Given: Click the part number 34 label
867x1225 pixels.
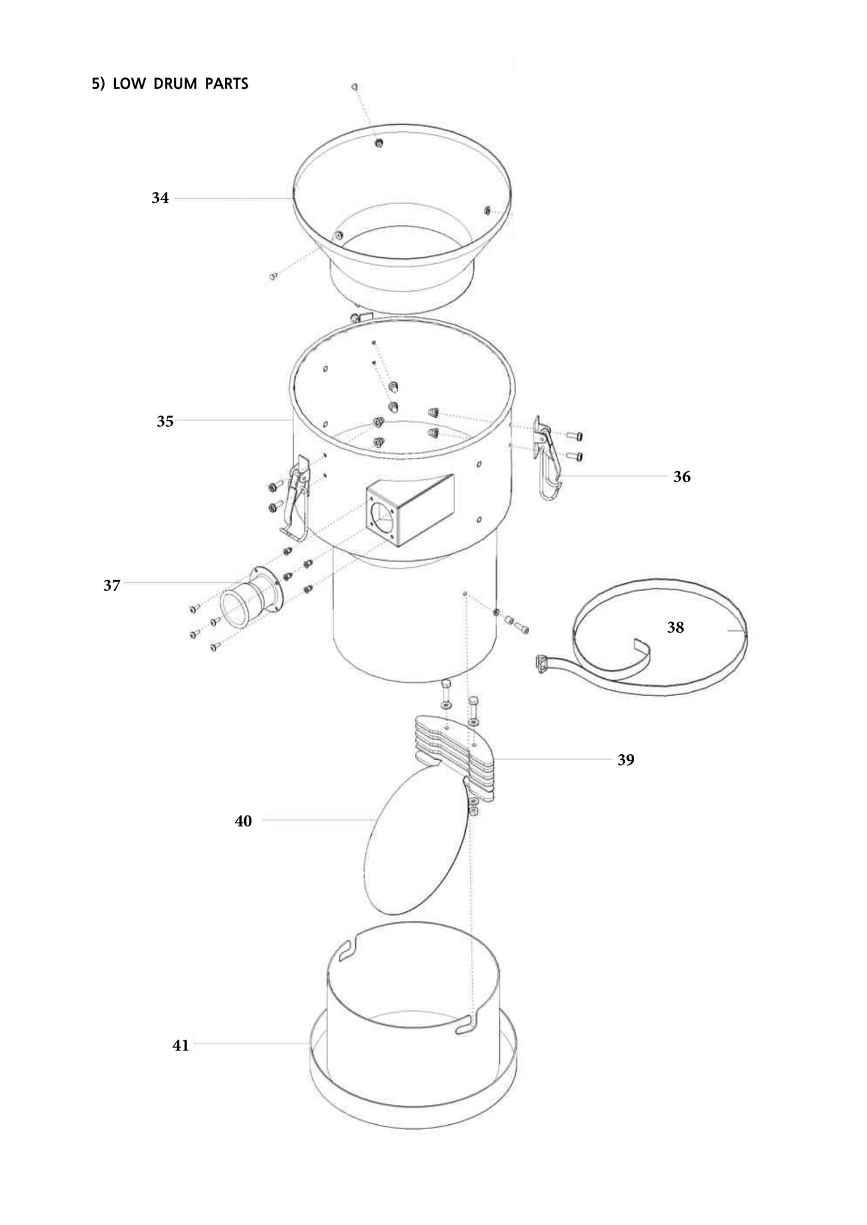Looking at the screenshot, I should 160,198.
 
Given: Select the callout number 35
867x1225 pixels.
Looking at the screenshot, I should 165,421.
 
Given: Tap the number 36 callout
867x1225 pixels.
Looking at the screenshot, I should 682,477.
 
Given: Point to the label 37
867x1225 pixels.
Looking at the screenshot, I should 112,585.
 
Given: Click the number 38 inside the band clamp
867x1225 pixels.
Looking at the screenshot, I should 676,627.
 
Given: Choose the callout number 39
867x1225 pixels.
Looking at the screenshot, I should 626,760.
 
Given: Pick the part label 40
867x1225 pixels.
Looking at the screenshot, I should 243,821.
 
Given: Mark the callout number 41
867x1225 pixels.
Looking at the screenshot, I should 181,1045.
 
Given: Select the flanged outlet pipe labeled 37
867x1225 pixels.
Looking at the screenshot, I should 252,597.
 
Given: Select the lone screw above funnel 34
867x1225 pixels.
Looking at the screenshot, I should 355,87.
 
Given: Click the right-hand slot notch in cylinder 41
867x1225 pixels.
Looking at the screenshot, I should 466,1028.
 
